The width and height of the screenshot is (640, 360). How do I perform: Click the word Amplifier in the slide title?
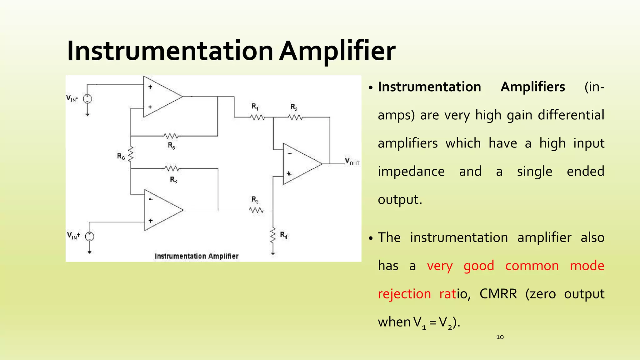click(x=337, y=51)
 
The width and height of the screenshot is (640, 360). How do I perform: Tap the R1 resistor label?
click(x=255, y=107)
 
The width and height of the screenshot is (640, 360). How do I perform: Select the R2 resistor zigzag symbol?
click(x=295, y=117)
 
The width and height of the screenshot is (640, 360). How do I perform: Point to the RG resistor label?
click(x=121, y=156)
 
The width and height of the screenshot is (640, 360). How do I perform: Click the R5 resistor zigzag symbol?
click(x=171, y=136)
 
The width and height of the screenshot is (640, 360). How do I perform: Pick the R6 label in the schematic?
click(x=173, y=180)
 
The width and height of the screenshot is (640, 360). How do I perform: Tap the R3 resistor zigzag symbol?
click(x=257, y=210)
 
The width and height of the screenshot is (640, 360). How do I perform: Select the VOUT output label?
click(x=352, y=162)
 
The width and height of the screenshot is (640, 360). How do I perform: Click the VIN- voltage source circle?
click(x=87, y=99)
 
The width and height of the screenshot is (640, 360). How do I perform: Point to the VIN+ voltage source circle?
click(x=90, y=237)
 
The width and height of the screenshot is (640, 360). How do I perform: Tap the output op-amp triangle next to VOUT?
click(x=300, y=164)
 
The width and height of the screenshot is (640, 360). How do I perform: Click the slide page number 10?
click(x=500, y=337)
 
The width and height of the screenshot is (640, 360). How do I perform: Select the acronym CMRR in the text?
click(x=498, y=294)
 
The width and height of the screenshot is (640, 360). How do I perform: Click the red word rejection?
click(x=404, y=294)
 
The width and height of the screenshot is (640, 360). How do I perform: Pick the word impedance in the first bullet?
click(x=411, y=172)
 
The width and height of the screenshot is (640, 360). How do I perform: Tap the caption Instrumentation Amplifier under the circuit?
click(x=197, y=256)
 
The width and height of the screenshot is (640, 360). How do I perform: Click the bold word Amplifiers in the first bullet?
click(x=533, y=87)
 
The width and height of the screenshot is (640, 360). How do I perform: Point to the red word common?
click(x=532, y=266)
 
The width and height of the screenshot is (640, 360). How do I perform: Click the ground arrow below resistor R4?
click(x=273, y=253)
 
